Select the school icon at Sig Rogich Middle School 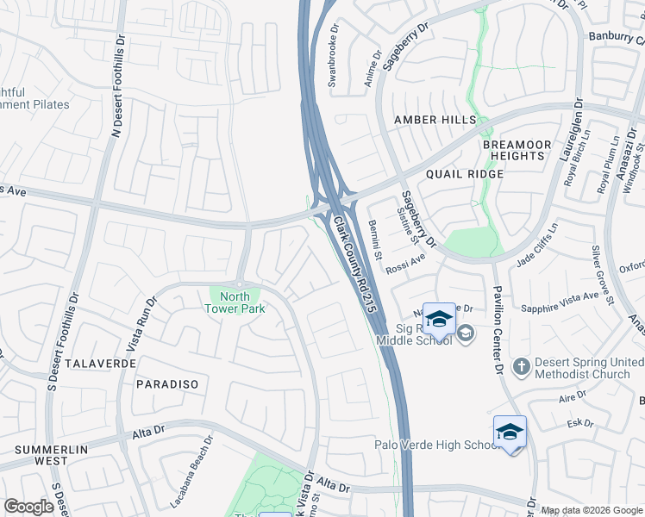tap(439, 320)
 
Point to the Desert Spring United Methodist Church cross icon tap(520, 367)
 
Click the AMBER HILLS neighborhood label tap(423, 119)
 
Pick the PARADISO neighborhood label tap(167, 383)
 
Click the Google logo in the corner tap(28, 507)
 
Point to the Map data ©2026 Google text tap(592, 510)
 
